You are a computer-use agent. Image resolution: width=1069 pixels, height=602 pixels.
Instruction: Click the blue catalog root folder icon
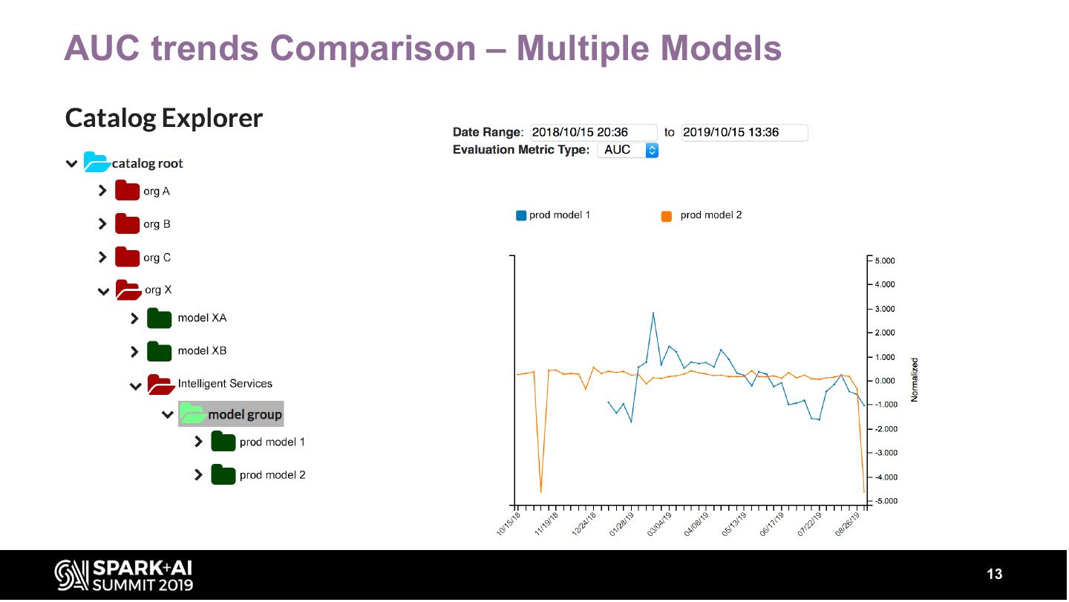coord(97,162)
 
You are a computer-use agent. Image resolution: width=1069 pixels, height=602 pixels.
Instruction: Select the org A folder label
coord(157,192)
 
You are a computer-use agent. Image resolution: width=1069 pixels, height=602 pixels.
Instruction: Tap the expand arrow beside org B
coord(102,224)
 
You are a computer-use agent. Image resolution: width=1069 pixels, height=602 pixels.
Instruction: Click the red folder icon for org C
coord(128,258)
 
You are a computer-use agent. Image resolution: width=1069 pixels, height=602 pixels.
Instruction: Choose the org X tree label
coord(158,290)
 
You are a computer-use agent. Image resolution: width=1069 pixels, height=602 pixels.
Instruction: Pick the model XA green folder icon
coord(160,318)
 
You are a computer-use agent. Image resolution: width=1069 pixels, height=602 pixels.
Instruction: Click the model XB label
coord(202,350)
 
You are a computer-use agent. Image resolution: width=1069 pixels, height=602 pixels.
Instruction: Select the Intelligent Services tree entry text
coord(225,384)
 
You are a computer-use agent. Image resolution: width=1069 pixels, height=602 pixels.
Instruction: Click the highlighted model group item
coord(231,414)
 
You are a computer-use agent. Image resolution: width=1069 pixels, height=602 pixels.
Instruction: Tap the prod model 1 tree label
coord(272,442)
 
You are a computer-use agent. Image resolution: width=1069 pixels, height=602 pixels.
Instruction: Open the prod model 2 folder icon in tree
coord(223,475)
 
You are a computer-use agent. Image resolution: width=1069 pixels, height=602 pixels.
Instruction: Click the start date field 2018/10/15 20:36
coord(594,133)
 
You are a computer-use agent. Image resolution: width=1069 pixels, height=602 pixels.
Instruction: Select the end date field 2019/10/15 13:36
coord(744,133)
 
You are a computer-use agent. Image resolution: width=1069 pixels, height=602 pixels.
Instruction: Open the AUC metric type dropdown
coord(628,150)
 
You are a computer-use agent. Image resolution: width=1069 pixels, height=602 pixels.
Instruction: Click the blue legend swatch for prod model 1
coord(521,216)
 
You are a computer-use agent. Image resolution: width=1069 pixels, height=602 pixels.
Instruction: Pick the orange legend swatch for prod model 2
coord(667,216)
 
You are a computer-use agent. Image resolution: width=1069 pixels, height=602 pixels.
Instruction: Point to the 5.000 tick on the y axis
coord(884,261)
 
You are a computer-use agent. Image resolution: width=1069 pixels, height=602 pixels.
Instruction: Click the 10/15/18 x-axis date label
coord(509,523)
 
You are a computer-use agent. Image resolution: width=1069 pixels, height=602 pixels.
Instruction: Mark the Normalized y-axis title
coord(915,380)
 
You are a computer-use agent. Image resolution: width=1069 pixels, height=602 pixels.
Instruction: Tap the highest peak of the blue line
coord(653,313)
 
